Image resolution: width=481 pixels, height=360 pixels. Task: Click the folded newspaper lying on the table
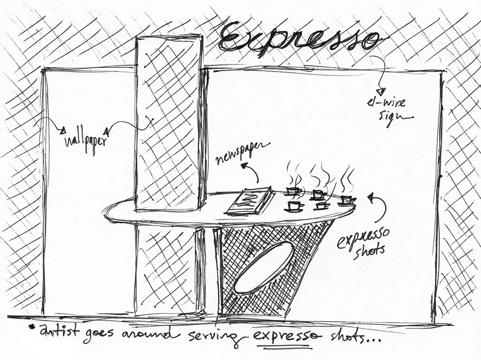tap(250, 202)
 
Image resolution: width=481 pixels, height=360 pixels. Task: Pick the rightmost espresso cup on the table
tap(346, 199)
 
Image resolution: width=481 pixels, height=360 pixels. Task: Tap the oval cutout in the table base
tap(264, 267)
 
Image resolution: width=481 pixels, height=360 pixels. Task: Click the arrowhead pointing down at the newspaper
tap(244, 166)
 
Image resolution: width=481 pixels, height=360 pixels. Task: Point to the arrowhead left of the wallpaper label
tap(63, 130)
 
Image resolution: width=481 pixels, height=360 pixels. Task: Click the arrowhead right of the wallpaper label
tap(107, 131)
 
